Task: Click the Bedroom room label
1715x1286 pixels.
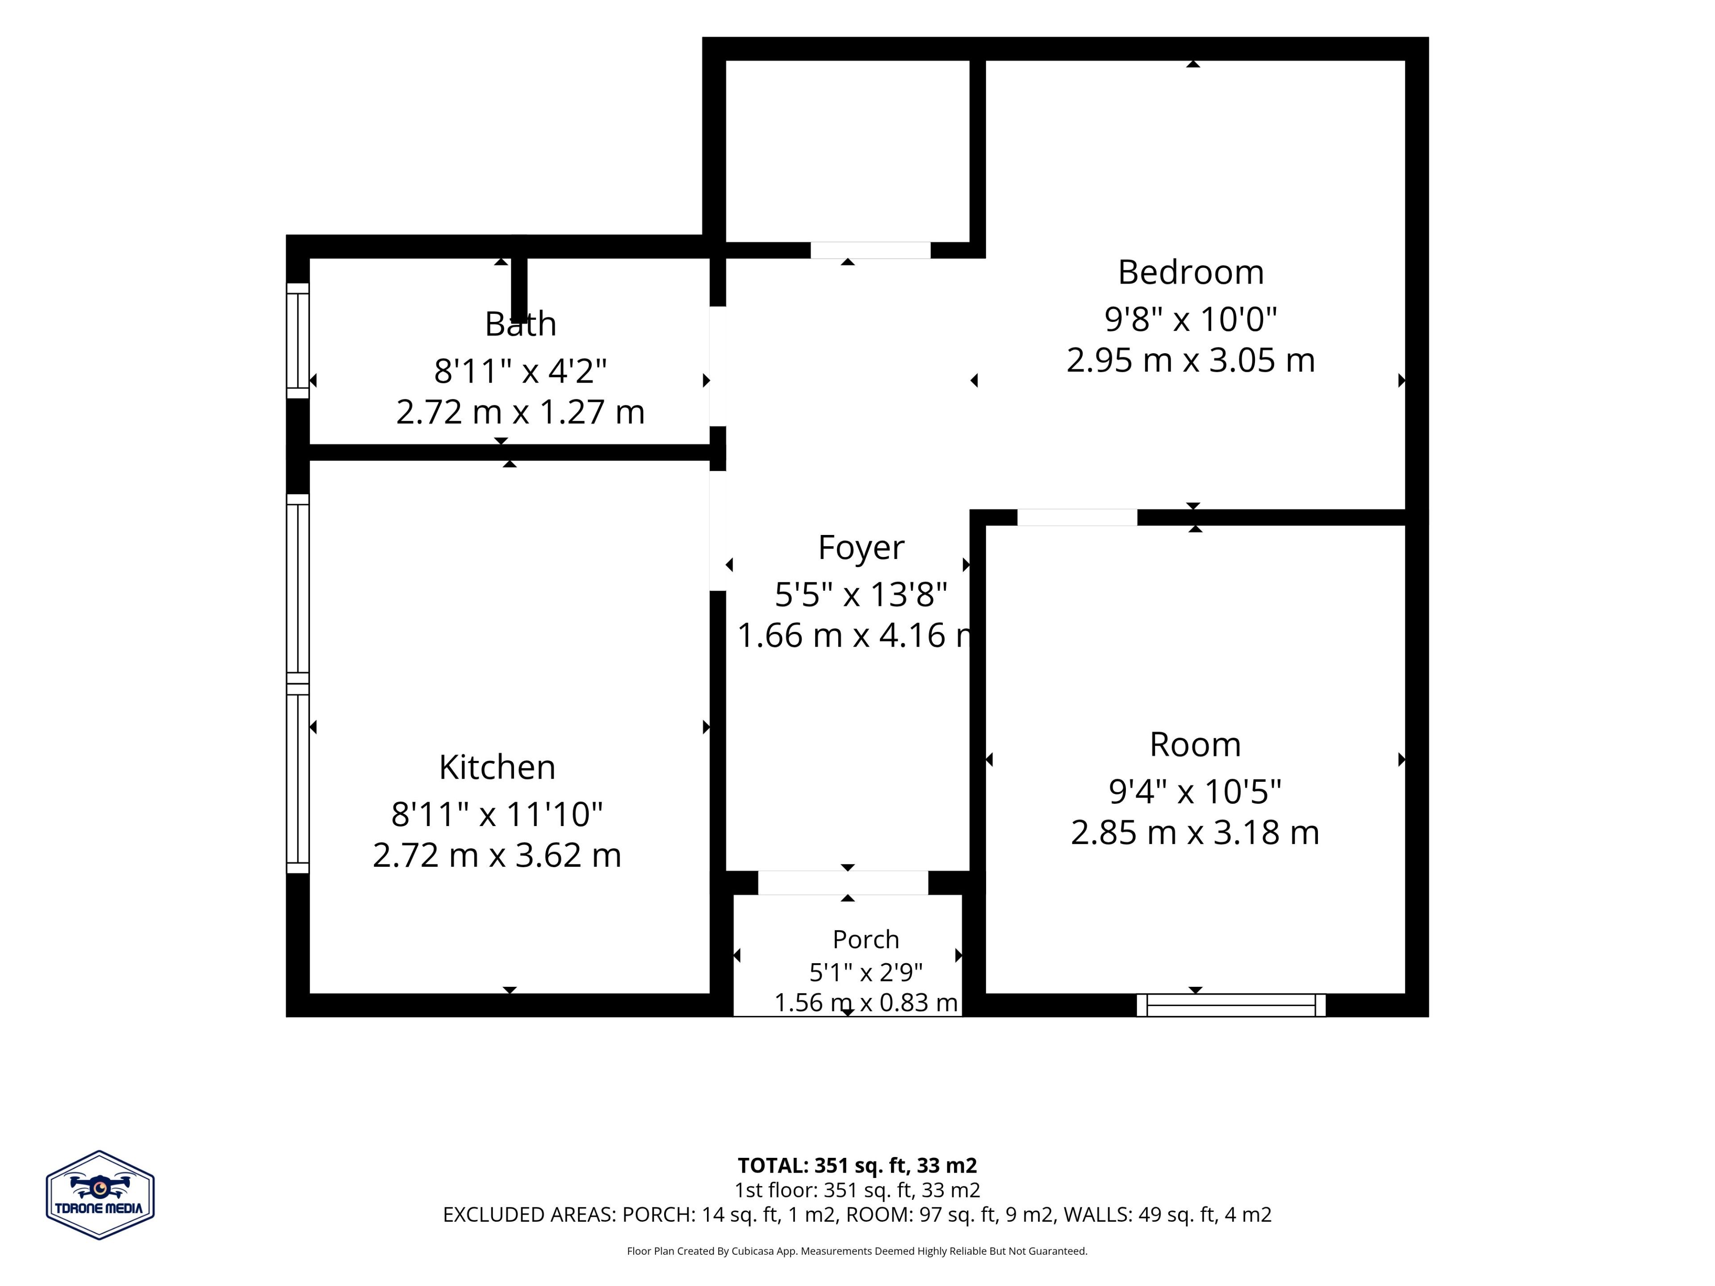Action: [1191, 272]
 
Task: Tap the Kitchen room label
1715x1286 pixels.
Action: [497, 768]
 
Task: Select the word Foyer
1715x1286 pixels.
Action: [861, 548]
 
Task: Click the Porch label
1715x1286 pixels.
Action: [866, 939]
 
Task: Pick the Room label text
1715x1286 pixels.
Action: [1195, 745]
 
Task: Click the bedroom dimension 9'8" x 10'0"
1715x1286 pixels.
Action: [1191, 318]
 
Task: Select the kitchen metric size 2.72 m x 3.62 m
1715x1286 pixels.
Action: [497, 855]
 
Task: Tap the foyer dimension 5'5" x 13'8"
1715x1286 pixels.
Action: [861, 595]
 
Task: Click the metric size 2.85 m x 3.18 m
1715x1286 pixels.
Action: [1195, 832]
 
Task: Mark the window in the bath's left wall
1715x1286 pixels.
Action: [298, 340]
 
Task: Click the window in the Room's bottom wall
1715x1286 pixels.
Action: [1231, 1006]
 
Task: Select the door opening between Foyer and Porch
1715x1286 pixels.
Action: [843, 883]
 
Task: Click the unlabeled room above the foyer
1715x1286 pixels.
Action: [847, 151]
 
